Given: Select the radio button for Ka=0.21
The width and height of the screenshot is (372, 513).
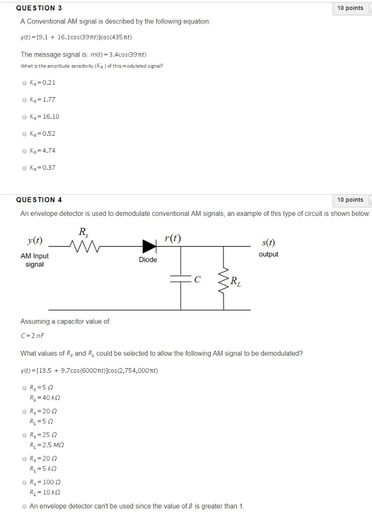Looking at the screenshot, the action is (24, 83).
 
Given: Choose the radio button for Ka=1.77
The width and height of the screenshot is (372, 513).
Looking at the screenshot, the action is (24, 100).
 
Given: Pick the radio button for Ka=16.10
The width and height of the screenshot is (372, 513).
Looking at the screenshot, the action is (24, 117).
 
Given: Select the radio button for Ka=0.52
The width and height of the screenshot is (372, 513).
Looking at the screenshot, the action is (24, 134).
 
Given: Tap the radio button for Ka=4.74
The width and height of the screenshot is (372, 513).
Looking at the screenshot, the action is (24, 151).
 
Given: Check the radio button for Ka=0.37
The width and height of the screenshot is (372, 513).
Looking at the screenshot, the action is (24, 168).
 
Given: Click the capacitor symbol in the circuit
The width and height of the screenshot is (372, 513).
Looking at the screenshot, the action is (181, 281).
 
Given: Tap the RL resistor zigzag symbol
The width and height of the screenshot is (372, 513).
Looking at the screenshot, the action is (223, 281).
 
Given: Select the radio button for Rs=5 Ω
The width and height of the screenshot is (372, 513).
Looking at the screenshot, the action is (24, 388).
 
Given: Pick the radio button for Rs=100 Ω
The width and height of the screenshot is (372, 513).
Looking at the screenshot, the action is (24, 483).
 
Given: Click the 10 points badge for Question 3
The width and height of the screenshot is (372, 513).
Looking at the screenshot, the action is (350, 8).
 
